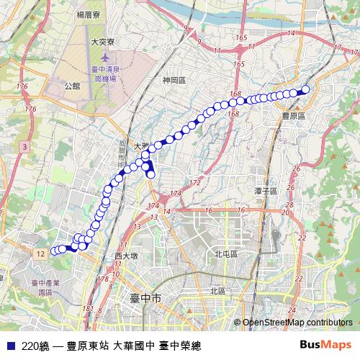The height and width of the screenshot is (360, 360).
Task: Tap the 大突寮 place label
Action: pyautogui.click(x=104, y=42)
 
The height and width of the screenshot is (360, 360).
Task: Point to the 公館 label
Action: pyautogui.click(x=72, y=85)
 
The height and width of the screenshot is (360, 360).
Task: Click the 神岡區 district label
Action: pyautogui.click(x=174, y=81)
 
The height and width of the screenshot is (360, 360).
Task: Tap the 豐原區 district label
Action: pyautogui.click(x=293, y=115)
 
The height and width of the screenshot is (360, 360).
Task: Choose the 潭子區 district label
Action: pyautogui.click(x=266, y=191)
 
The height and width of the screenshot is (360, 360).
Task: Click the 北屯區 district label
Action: pyautogui.click(x=225, y=254)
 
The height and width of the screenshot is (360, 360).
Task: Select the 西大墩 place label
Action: pyautogui.click(x=126, y=256)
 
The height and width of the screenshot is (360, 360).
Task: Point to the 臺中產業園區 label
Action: pyautogui.click(x=45, y=288)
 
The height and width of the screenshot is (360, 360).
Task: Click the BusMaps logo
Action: pyautogui.click(x=326, y=344)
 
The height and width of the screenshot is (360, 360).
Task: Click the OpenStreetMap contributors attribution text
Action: pyautogui.click(x=297, y=323)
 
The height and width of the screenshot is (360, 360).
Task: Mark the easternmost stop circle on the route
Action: pyautogui.click(x=305, y=90)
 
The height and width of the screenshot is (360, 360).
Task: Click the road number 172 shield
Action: pyautogui.click(x=195, y=184)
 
